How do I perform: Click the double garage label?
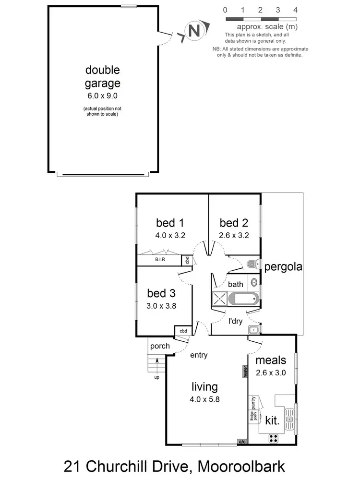102,77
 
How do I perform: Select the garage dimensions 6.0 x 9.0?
102,96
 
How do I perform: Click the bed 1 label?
170,223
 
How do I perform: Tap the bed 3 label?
161,293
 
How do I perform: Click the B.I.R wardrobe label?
160,260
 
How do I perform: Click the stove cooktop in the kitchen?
274,438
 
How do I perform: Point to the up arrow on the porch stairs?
156,366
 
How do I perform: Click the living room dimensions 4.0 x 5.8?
204,398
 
